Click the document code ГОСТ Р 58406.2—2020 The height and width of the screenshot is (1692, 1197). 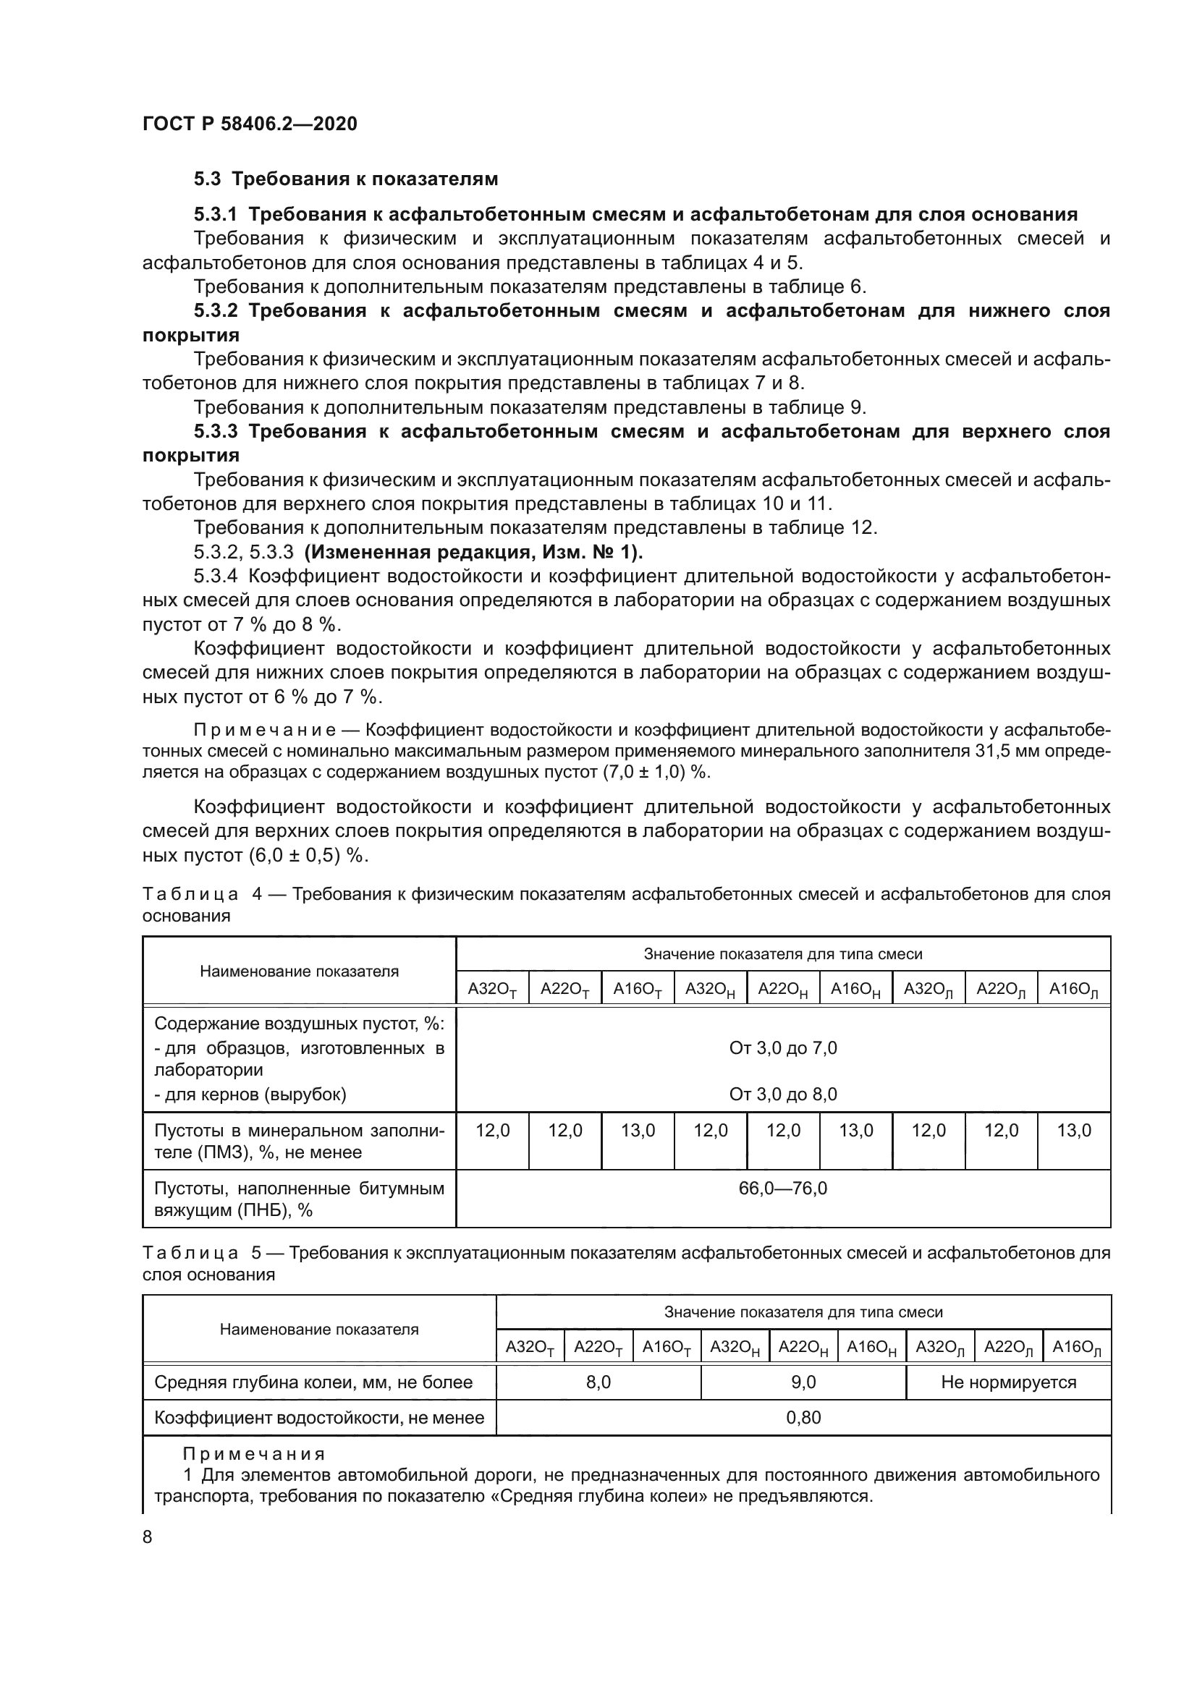point(249,124)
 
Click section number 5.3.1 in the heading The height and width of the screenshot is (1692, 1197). point(215,214)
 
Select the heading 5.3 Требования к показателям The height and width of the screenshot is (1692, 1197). point(346,179)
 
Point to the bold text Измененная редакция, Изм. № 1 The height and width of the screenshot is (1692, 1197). point(473,552)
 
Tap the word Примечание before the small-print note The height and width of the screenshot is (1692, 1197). point(265,731)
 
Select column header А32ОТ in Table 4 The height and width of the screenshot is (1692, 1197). point(491,990)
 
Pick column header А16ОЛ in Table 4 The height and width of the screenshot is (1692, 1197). point(1073,990)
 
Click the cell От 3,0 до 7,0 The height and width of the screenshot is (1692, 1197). point(783,1048)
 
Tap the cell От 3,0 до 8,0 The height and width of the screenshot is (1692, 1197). point(783,1094)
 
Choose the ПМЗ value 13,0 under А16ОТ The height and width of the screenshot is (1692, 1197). point(638,1131)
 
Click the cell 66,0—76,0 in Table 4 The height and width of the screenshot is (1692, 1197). point(783,1189)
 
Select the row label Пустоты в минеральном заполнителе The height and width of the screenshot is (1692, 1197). point(298,1141)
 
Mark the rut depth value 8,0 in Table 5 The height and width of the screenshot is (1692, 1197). point(598,1382)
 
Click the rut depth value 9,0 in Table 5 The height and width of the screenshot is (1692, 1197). point(803,1382)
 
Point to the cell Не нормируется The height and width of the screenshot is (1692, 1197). point(1007,1382)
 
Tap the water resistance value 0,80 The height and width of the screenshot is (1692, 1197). point(803,1418)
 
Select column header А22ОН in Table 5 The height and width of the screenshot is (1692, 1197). point(803,1348)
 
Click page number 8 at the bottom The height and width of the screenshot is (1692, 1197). point(148,1537)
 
